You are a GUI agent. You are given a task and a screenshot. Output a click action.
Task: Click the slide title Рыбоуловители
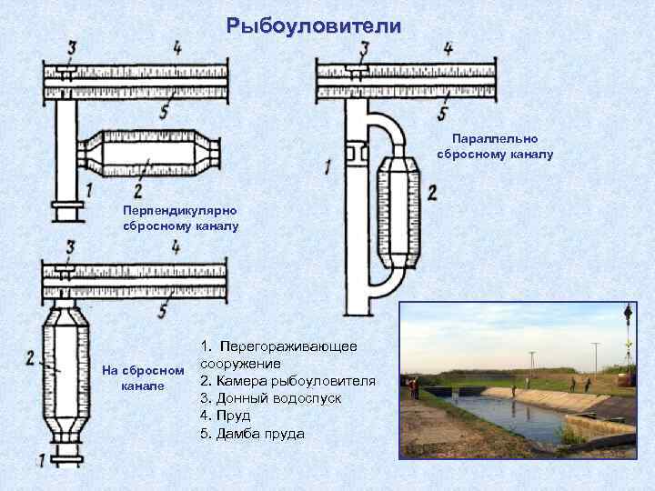pos(314,26)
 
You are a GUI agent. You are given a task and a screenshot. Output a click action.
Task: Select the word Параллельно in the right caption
pos(495,139)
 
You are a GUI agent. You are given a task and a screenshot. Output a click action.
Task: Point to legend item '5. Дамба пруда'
pos(252,433)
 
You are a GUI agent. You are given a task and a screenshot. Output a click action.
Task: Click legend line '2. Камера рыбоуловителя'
pos(287,380)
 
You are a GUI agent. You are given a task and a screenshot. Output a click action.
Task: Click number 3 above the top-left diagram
pos(70,48)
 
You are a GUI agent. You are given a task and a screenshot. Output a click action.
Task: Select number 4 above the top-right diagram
pos(448,48)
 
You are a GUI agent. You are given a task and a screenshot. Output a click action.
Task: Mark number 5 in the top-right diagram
pos(442,114)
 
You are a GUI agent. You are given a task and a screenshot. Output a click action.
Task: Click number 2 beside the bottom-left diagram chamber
pos(31,358)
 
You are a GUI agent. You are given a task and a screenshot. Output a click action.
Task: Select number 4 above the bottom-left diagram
pos(175,247)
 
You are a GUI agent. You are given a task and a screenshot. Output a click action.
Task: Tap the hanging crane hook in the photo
pos(628,314)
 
